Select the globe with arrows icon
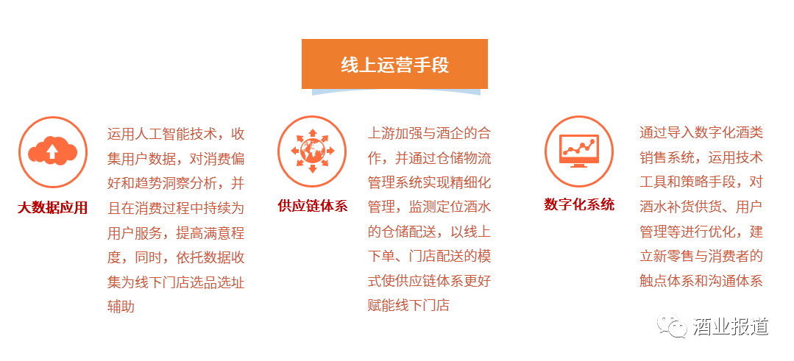313,151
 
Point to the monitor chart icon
579,151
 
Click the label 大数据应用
53,208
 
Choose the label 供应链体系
313,206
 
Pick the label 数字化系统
579,204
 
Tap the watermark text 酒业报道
731,326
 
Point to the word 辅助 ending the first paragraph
121,306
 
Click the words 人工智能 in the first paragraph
163,134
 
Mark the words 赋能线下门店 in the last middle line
408,305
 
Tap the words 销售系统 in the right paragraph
667,157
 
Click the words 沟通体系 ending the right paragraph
735,281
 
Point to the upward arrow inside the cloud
52,150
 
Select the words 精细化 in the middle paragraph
470,182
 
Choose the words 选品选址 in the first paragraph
217,281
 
